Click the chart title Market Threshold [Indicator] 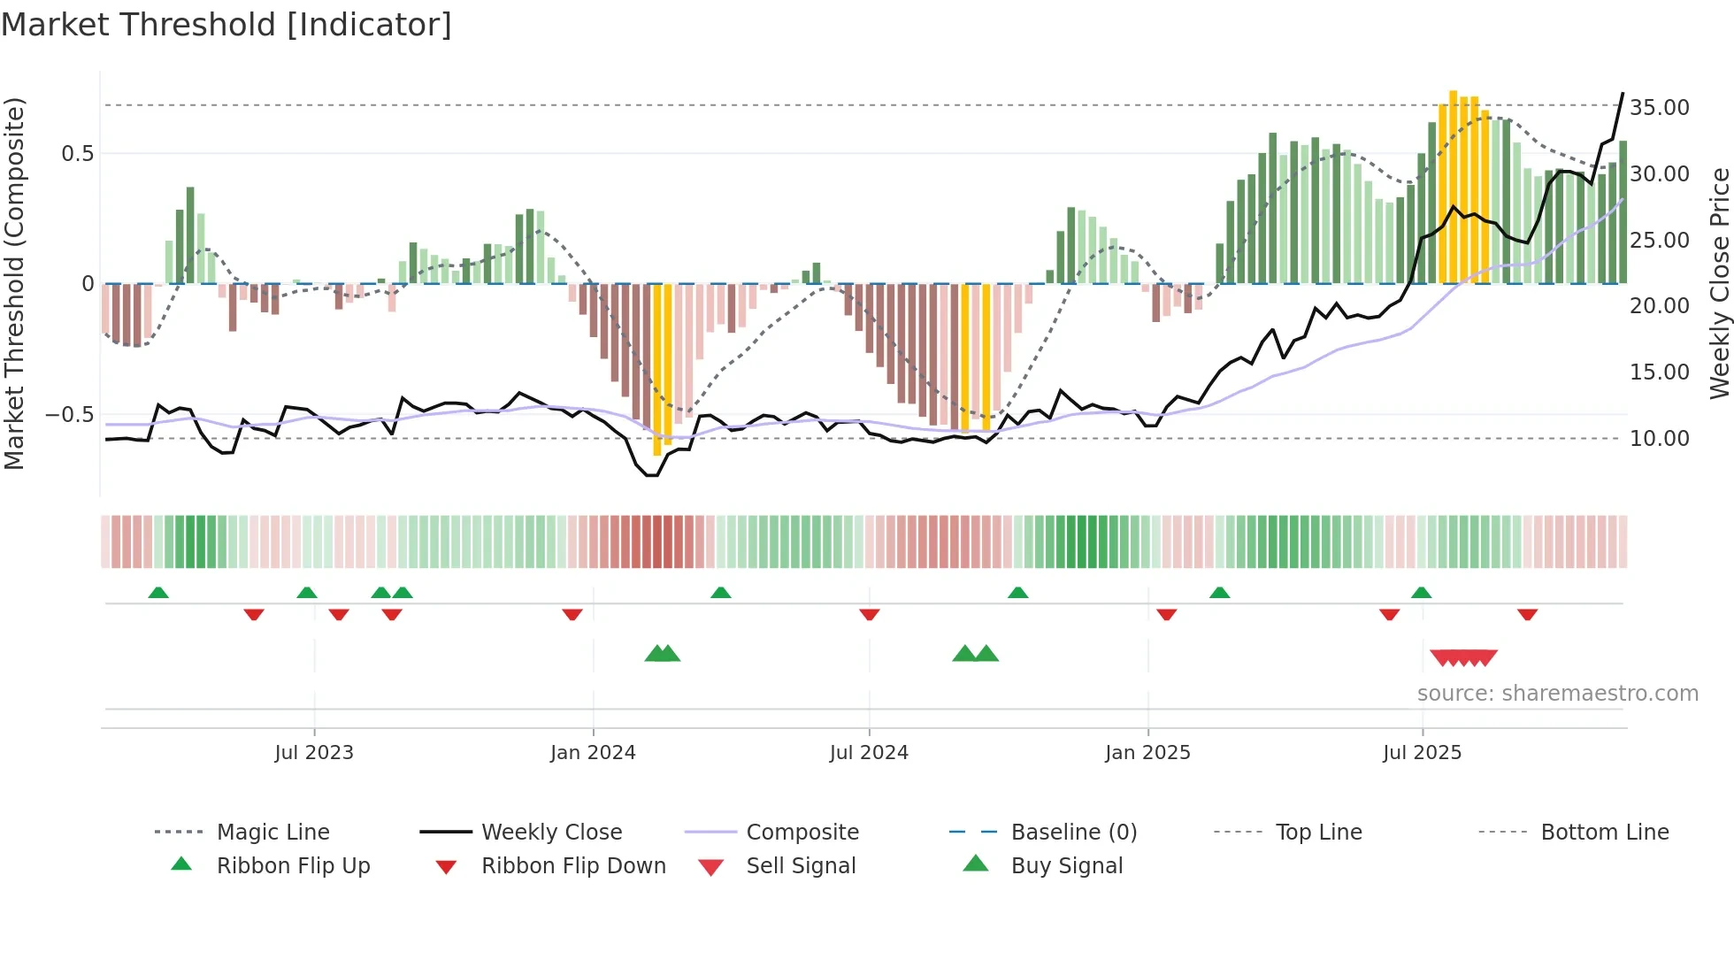tap(226, 25)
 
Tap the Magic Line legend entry tap(272, 833)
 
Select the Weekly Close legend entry tap(551, 833)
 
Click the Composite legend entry tap(802, 833)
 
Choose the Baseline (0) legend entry tap(1073, 833)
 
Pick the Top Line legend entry tap(1318, 833)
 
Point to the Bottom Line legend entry tap(1604, 833)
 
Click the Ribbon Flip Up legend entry tap(293, 866)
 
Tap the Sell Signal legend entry tap(801, 866)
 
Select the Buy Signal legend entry tap(1066, 866)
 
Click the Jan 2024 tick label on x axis tap(593, 753)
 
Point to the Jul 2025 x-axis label tap(1422, 753)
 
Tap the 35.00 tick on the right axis tap(1659, 108)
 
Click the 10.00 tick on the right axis tap(1659, 439)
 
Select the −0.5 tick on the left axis tap(69, 415)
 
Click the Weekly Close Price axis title tap(1719, 283)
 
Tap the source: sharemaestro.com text tap(1557, 694)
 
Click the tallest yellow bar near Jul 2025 tap(1453, 186)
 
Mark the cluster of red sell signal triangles tap(1463, 658)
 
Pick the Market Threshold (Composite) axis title tap(14, 283)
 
